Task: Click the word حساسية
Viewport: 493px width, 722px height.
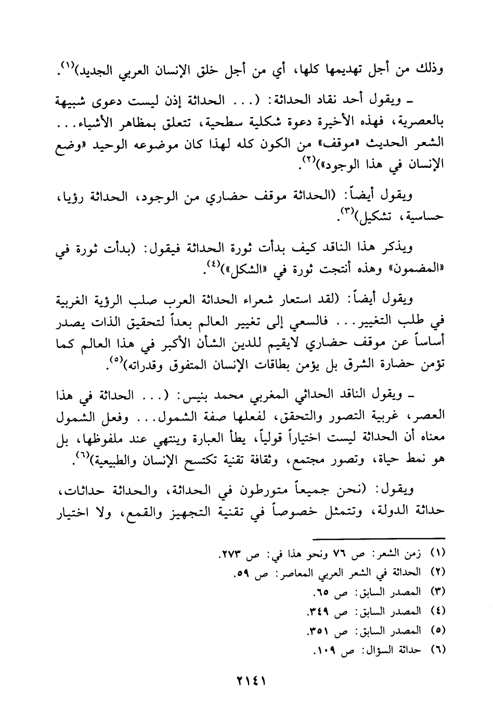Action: tap(424, 217)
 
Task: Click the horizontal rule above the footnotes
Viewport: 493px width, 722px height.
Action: tap(382, 537)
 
